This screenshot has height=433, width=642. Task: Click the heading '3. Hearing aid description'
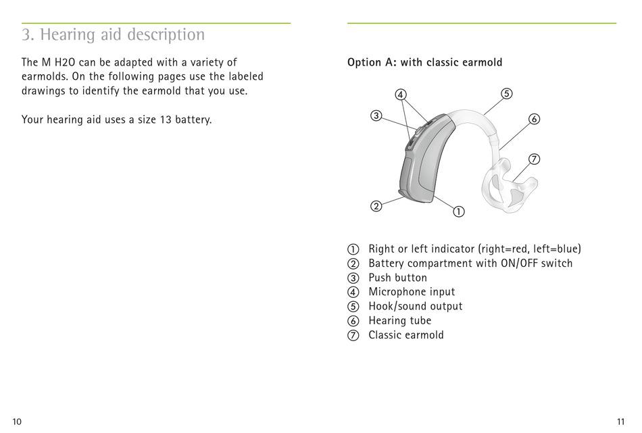coord(113,34)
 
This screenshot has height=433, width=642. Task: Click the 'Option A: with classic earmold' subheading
coord(424,63)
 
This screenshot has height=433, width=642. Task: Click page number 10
coord(17,422)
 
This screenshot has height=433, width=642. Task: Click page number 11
coord(621,422)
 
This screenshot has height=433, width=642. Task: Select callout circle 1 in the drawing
coord(459,211)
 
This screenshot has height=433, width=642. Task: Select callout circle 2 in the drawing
coord(376,205)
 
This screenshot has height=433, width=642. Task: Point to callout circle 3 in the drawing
coord(376,116)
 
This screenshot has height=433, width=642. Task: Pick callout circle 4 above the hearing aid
coord(401,95)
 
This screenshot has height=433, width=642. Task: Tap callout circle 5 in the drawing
coord(507,93)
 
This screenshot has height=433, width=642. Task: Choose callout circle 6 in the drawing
coord(534,120)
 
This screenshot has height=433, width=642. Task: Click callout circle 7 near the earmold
coord(534,159)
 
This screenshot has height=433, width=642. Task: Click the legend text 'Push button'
coord(397,278)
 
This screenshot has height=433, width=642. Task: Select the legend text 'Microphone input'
coord(412,292)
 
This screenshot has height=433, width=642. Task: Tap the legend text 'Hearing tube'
coord(399,321)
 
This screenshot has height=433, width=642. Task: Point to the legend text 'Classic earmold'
coord(406,335)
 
